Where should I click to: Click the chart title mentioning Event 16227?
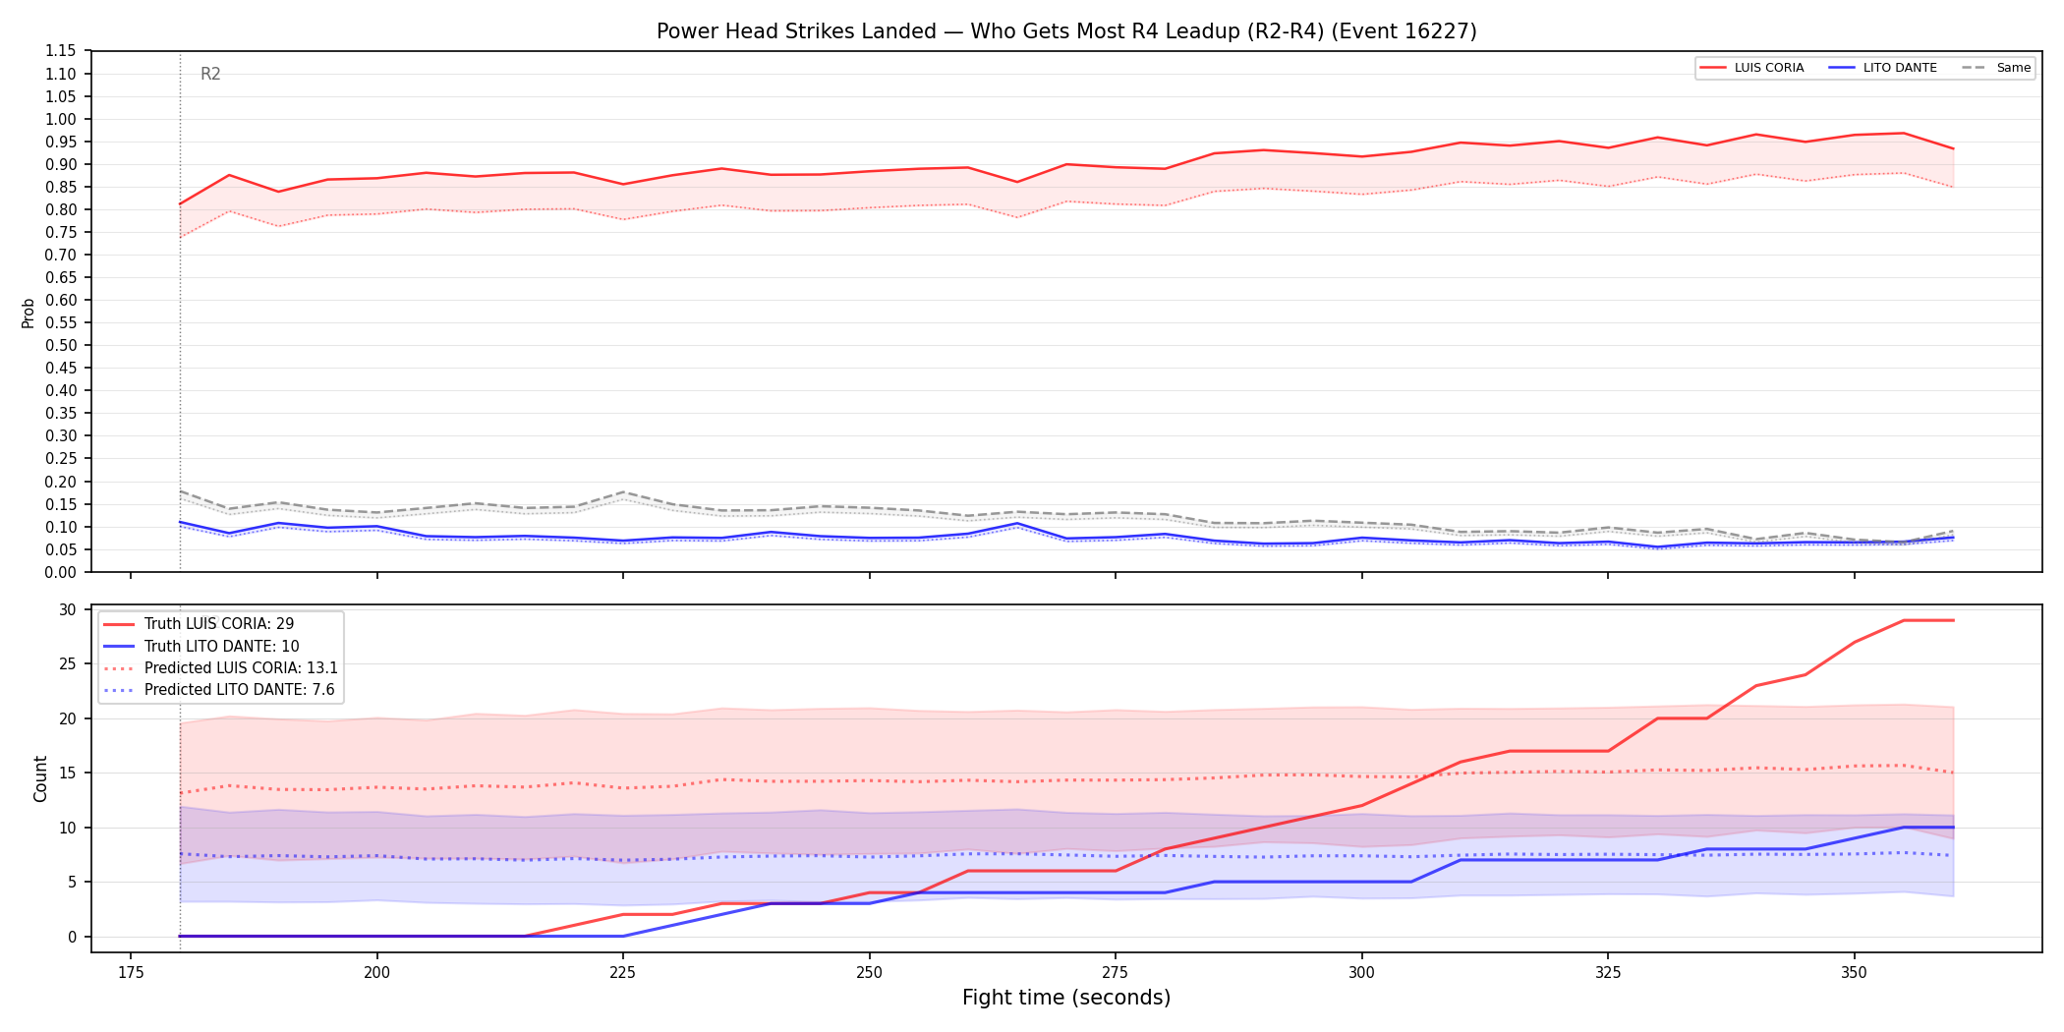pos(1066,31)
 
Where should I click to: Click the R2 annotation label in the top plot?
pos(210,74)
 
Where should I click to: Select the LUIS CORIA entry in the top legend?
pos(1751,68)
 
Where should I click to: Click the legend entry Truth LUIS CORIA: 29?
pos(199,624)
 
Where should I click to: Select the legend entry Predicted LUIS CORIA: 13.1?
pos(221,668)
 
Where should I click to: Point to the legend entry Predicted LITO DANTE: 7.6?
pos(219,690)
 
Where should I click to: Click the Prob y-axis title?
pos(29,313)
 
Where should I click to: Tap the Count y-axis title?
pos(40,778)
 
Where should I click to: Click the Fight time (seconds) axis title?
pos(1066,998)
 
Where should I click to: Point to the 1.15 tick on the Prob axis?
pos(61,51)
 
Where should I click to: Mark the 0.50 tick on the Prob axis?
pos(61,345)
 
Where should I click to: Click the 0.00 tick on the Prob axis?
pos(61,572)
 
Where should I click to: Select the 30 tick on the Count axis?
pos(67,610)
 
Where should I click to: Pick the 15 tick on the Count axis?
pos(67,774)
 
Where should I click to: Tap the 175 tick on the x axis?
pos(131,972)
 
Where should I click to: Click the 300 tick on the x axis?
pos(1361,972)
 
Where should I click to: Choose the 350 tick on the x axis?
pos(1854,972)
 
